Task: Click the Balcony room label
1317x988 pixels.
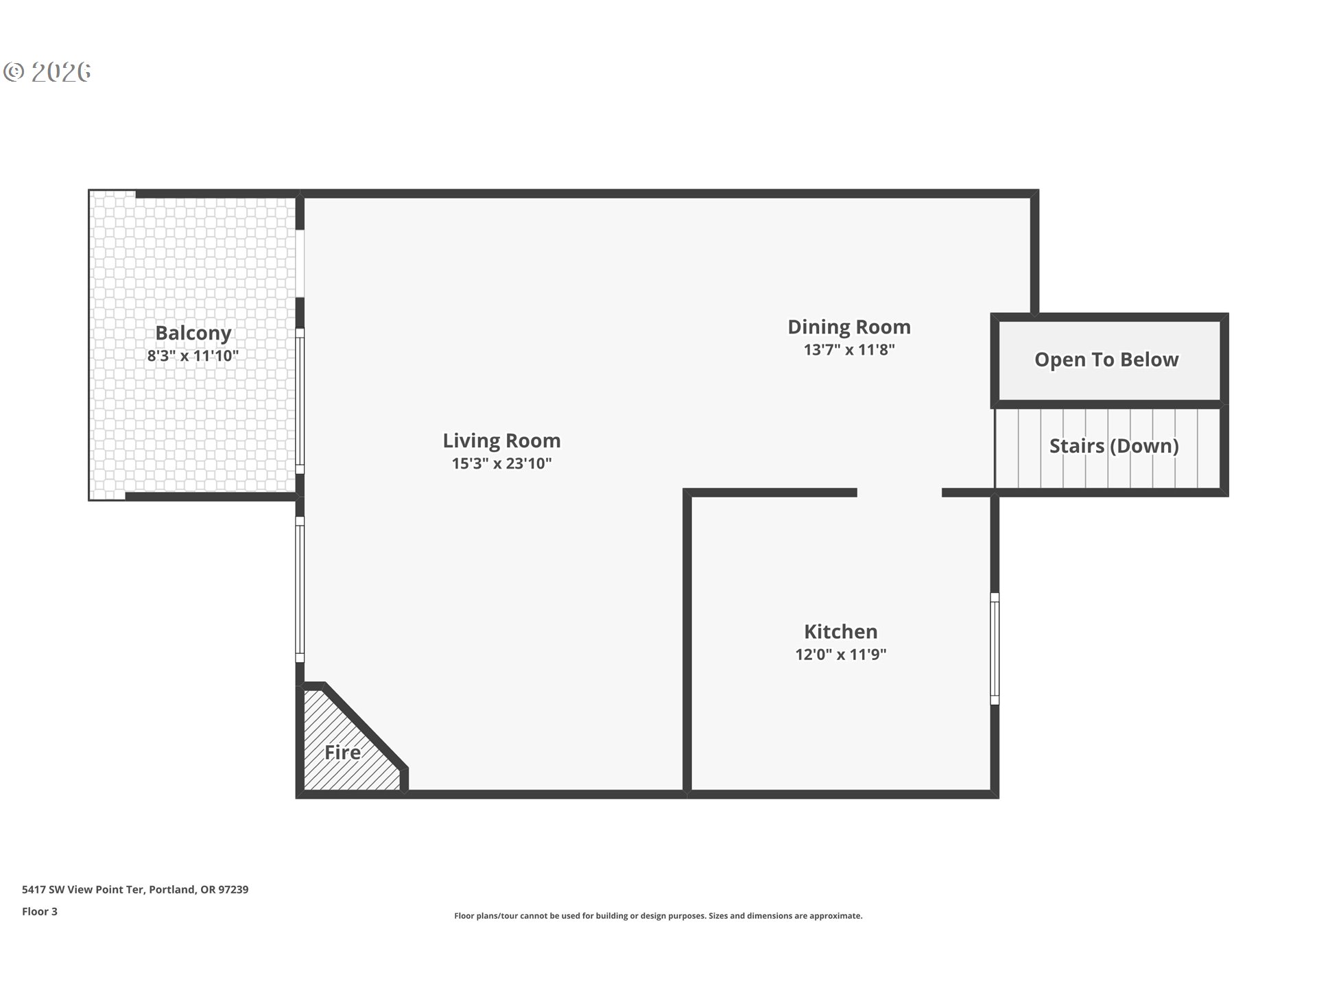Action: coord(193,333)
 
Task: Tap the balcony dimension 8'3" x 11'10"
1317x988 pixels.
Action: coord(193,356)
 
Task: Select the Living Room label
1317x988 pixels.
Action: coord(501,440)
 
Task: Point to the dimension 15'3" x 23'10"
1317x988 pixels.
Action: coord(501,464)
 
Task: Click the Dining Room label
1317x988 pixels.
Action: coord(849,327)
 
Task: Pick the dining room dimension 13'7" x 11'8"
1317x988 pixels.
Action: coord(849,350)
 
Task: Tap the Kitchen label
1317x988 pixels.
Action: coord(840,631)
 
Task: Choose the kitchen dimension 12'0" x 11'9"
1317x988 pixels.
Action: coord(840,655)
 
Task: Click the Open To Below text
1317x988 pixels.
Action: coord(1106,360)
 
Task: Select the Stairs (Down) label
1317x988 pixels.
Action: coord(1113,446)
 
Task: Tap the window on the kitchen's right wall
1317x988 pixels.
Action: coord(995,648)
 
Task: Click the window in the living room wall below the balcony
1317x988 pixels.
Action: coord(300,589)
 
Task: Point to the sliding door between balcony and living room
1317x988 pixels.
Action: coord(300,401)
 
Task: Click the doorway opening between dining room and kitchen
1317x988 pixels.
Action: coord(899,493)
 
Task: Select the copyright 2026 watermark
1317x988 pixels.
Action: coord(47,71)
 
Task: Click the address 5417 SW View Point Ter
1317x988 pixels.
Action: coord(135,889)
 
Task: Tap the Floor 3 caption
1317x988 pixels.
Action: coord(40,911)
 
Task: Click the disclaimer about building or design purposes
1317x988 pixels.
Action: coord(658,916)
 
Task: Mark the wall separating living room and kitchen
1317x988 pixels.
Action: coord(687,642)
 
